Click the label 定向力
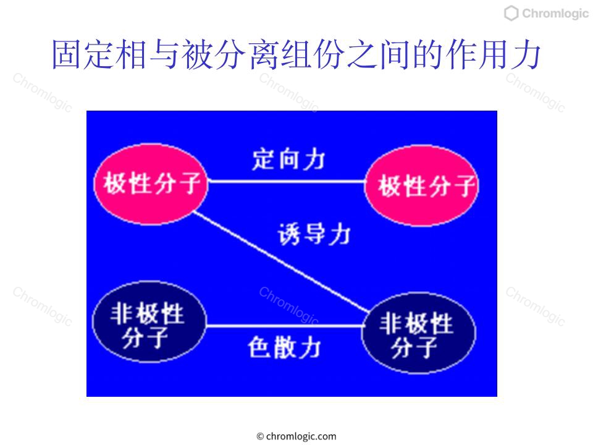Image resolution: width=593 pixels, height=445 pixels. (288, 159)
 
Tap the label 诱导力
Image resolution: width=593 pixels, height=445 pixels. (314, 234)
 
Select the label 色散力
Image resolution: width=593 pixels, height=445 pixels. (284, 347)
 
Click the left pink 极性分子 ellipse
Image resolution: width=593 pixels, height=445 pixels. (151, 184)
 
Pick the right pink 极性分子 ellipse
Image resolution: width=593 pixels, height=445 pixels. (421, 185)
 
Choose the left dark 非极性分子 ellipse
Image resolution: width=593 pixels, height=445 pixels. (149, 321)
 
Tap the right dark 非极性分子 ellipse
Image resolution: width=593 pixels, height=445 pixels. (419, 333)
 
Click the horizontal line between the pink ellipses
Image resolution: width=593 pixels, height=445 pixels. (286, 182)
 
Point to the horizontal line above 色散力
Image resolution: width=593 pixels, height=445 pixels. (284, 326)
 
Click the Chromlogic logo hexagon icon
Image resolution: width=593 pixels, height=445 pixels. (511, 13)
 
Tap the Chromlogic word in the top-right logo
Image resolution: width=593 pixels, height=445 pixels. (555, 13)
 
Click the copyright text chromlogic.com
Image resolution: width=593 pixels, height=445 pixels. (296, 436)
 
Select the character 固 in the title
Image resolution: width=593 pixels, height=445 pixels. (67, 55)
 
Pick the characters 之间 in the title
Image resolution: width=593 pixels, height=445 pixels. (378, 55)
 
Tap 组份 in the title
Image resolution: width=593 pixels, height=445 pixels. (313, 55)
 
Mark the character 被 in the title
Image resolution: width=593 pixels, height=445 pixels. (198, 55)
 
